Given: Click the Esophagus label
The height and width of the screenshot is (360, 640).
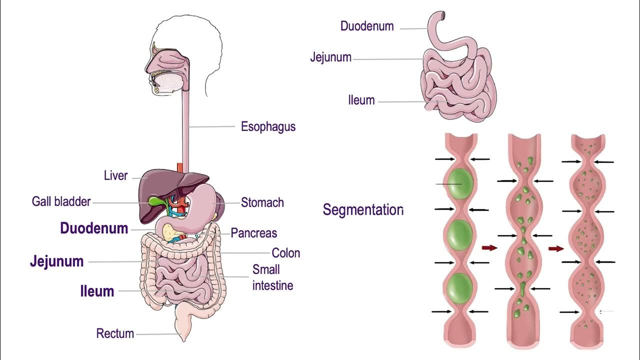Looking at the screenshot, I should point(268,126).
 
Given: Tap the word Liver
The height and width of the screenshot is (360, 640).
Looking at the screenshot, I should point(116,176).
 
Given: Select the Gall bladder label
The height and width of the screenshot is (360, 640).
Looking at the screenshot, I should point(61,201).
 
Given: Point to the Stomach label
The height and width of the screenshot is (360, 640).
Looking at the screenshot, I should point(262,202).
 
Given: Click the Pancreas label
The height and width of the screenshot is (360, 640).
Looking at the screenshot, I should point(253,233).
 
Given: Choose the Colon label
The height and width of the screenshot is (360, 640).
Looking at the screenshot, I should point(285,253).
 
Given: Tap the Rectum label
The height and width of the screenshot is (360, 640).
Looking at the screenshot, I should point(115,333).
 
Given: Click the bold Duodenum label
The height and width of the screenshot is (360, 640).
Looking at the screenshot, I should point(94,228).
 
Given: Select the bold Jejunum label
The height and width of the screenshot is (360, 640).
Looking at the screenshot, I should point(56,261).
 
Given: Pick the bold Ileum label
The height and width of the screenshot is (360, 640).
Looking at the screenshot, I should point(97,291).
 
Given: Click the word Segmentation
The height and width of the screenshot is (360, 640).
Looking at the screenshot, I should point(362,209).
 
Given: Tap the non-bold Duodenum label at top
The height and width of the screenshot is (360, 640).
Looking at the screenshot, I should point(367,26).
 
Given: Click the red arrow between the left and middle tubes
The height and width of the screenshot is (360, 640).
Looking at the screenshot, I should point(489,247).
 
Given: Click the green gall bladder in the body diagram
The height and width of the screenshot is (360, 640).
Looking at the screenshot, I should point(154,202).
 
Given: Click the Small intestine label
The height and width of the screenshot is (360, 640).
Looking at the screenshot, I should point(272,277).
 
